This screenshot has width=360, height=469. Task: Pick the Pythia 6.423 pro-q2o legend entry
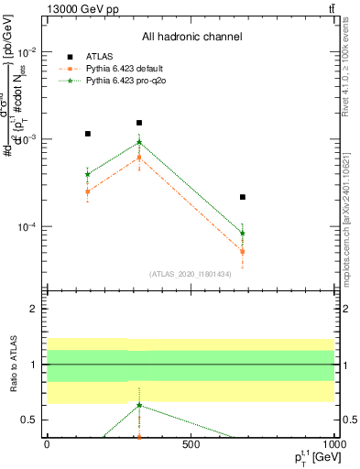point(121,81)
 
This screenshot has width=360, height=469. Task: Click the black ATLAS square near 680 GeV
point(243,197)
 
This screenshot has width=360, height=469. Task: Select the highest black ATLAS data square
point(139,123)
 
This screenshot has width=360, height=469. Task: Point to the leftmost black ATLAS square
point(87,134)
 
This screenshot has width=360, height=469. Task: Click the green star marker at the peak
point(139,142)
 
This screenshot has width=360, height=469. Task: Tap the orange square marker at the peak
point(139,158)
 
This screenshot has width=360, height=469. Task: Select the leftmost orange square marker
point(87,191)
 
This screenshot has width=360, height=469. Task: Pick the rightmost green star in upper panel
point(243,233)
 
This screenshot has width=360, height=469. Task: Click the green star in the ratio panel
point(139,405)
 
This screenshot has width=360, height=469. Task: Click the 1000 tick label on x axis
point(334,448)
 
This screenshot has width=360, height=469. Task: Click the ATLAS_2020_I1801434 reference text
point(191,274)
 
